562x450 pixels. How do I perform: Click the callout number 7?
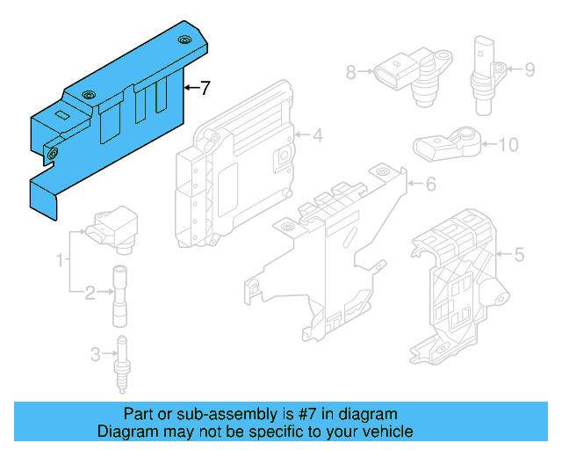click(x=205, y=88)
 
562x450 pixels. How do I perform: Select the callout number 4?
click(x=318, y=135)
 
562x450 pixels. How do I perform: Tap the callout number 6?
click(x=430, y=185)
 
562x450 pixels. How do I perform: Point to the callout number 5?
click(x=518, y=255)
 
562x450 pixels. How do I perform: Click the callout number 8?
click(x=351, y=72)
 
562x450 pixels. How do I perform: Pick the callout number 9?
click(x=530, y=69)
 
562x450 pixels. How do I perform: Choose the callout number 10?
click(x=509, y=144)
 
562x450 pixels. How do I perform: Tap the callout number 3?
click(x=96, y=355)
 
